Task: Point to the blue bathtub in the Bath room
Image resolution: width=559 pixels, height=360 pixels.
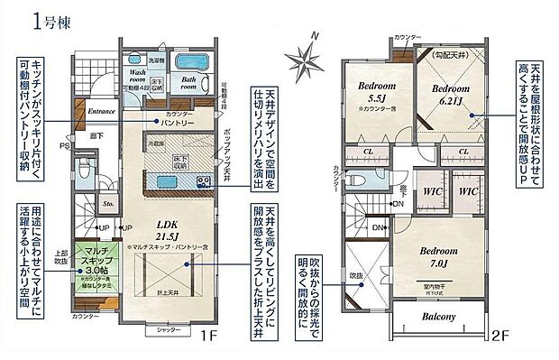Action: click(190, 65)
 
